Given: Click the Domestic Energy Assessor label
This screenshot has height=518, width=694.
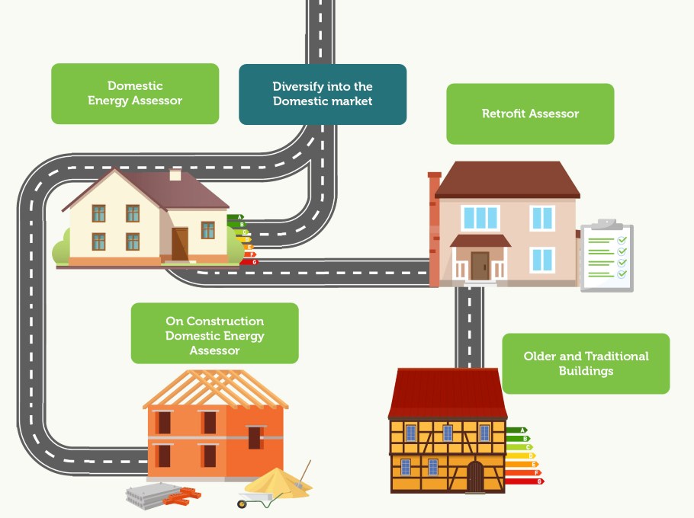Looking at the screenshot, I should point(135,93).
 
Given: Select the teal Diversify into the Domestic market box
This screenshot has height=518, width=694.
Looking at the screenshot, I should point(323,94).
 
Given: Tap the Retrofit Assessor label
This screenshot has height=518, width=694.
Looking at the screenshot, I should point(530,114).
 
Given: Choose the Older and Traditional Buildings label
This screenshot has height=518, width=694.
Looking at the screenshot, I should point(586,363).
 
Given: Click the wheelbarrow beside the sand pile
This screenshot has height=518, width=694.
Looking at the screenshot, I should point(259,499).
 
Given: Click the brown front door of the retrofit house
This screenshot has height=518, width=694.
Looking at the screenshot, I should point(480,265).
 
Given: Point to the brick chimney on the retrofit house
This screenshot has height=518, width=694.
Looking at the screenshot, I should point(435,229).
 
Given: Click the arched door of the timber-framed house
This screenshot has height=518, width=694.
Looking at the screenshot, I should point(475,477).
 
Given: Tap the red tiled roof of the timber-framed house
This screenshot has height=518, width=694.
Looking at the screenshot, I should point(448,392).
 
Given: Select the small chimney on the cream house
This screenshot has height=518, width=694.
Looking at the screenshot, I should point(175,174).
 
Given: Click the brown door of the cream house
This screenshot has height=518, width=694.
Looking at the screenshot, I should point(179,244).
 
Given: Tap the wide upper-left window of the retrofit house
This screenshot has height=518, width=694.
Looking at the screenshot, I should point(480,217).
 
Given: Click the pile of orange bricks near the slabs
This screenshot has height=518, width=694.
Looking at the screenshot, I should point(182,497).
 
